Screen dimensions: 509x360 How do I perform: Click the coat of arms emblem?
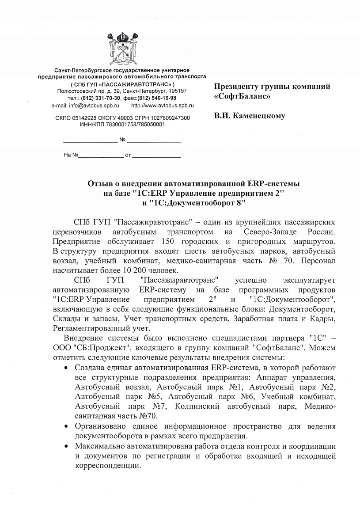pyautogui.click(x=121, y=49)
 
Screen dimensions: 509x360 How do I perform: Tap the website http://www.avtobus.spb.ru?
pyautogui.click(x=162, y=106)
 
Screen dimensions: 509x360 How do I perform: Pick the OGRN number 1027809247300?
pyautogui.click(x=169, y=118)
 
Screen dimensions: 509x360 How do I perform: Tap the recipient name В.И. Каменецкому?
pyautogui.click(x=250, y=116)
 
